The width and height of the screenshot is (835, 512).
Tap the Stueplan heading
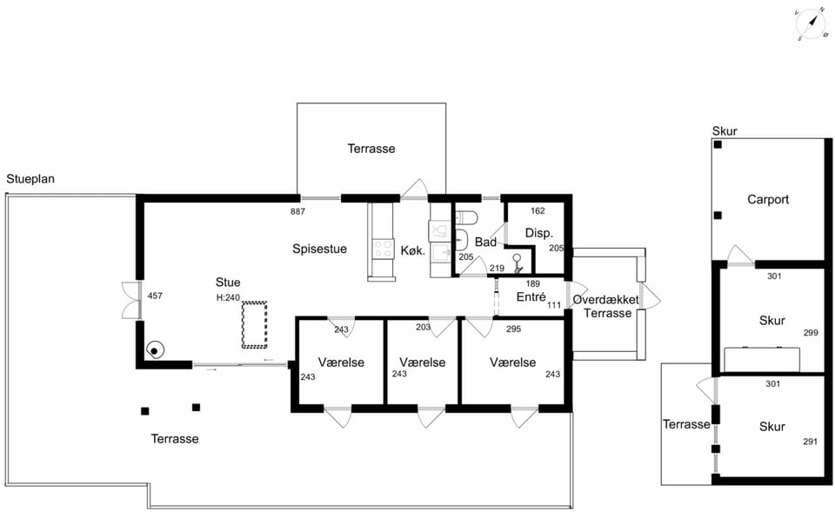click(30, 179)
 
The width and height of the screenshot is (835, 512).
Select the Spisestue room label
click(319, 249)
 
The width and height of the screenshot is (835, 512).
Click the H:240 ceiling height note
click(228, 297)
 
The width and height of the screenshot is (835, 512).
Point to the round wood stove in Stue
click(155, 350)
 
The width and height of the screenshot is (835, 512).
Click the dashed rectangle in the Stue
click(254, 324)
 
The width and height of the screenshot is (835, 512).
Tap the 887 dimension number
click(297, 211)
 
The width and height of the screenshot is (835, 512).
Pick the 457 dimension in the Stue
click(155, 296)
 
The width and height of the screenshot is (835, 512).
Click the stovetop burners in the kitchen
click(383, 249)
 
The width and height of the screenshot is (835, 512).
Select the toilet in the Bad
click(466, 217)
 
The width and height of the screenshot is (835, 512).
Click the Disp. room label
click(539, 233)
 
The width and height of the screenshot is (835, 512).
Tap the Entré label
click(531, 296)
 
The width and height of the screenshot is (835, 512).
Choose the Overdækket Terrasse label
click(606, 306)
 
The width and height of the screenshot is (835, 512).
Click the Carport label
click(768, 200)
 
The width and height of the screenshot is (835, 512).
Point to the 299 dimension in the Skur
click(811, 333)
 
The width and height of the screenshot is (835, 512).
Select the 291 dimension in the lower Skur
click(810, 442)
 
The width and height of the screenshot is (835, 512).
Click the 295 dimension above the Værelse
click(513, 329)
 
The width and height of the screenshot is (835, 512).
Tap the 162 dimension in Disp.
click(538, 210)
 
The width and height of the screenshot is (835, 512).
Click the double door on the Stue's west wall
click(131, 300)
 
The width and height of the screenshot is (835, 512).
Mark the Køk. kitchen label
click(413, 250)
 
